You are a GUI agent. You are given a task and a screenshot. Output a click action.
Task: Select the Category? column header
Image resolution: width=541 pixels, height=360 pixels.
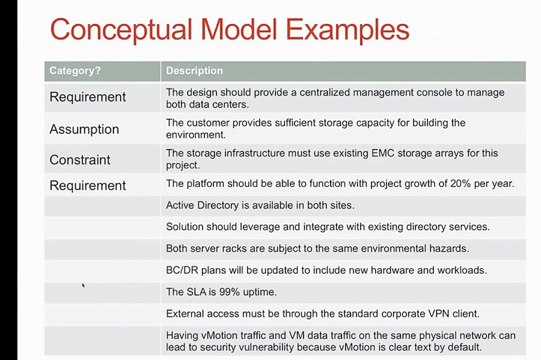pos(75,71)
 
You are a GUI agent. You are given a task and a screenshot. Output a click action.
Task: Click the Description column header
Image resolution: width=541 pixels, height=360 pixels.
pos(194,71)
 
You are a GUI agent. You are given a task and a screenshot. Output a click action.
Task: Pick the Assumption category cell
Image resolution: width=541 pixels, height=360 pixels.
pos(84,129)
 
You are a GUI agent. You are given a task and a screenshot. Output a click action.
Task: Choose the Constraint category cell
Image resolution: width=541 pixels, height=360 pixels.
pos(80,160)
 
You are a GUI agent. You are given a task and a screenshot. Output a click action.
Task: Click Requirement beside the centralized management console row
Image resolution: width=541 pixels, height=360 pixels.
pos(88,97)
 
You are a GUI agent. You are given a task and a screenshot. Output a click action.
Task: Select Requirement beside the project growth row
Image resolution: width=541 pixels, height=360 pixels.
pos(88,186)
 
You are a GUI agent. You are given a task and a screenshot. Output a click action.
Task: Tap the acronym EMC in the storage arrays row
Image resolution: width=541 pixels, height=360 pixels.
pos(368,153)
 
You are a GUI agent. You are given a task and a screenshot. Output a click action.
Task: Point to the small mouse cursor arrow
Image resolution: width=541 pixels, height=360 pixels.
pos(83,285)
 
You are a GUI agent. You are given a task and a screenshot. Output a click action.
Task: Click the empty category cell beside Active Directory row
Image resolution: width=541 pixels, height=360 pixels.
pos(102,206)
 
